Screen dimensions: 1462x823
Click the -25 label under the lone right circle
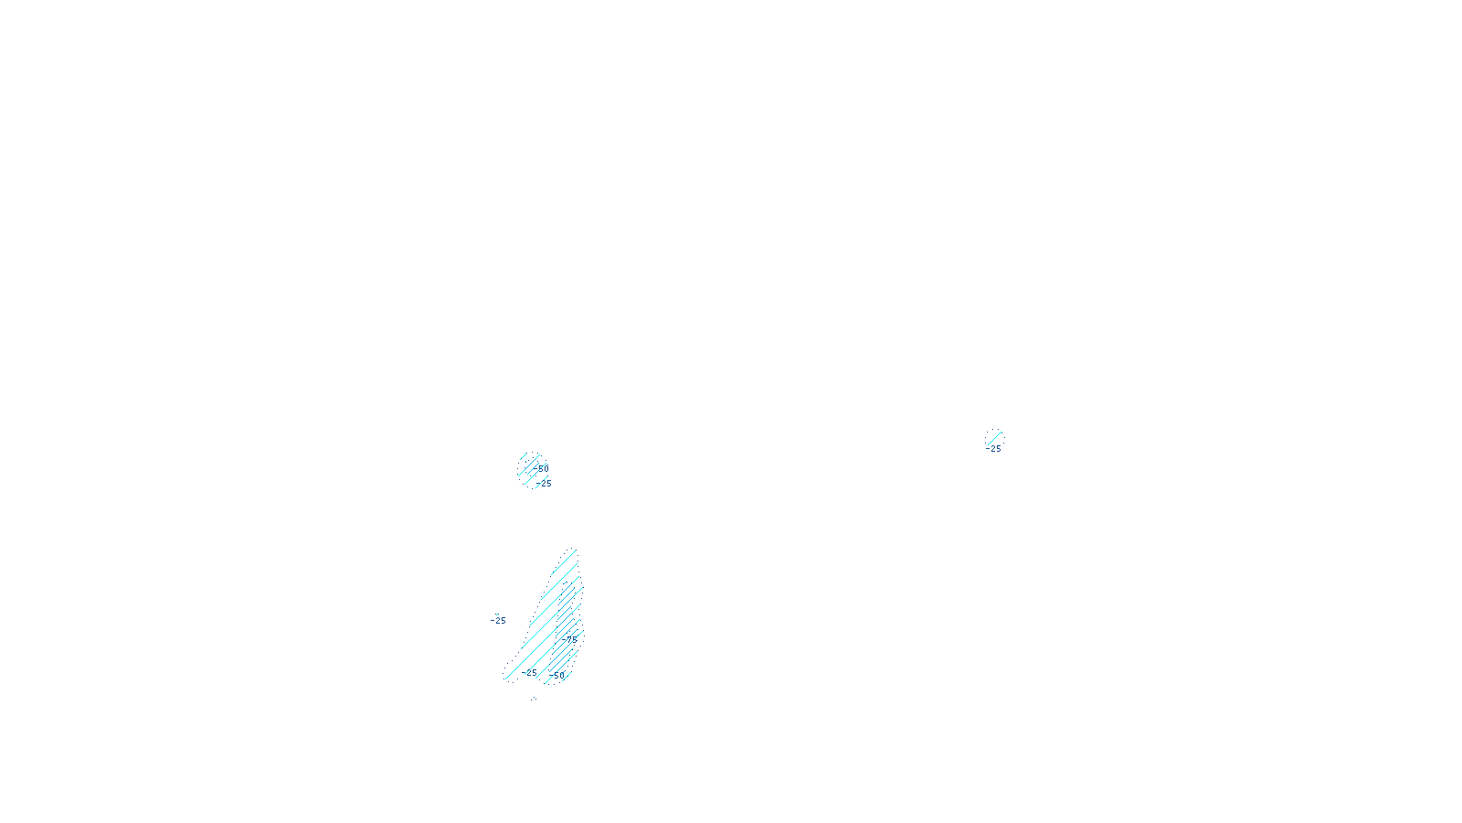pyautogui.click(x=994, y=449)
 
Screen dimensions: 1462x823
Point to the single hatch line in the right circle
pyautogui.click(x=993, y=437)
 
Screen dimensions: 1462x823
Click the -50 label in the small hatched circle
pyautogui.click(x=541, y=468)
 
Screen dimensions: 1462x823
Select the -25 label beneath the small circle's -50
pyautogui.click(x=545, y=483)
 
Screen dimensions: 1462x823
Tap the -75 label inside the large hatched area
pyautogui.click(x=572, y=639)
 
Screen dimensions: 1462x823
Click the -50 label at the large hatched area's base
pyautogui.click(x=556, y=675)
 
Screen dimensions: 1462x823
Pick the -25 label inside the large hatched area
pyautogui.click(x=530, y=673)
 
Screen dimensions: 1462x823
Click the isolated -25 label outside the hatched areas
pyautogui.click(x=498, y=621)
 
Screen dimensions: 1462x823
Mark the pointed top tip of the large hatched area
pyautogui.click(x=574, y=549)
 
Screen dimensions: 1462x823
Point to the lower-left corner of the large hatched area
pyautogui.click(x=505, y=678)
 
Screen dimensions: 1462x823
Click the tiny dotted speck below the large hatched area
pyautogui.click(x=535, y=699)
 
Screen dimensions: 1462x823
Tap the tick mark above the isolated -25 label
pyautogui.click(x=497, y=615)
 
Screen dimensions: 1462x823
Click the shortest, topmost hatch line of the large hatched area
pyautogui.click(x=571, y=552)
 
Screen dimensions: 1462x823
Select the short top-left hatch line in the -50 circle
pyautogui.click(x=524, y=456)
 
